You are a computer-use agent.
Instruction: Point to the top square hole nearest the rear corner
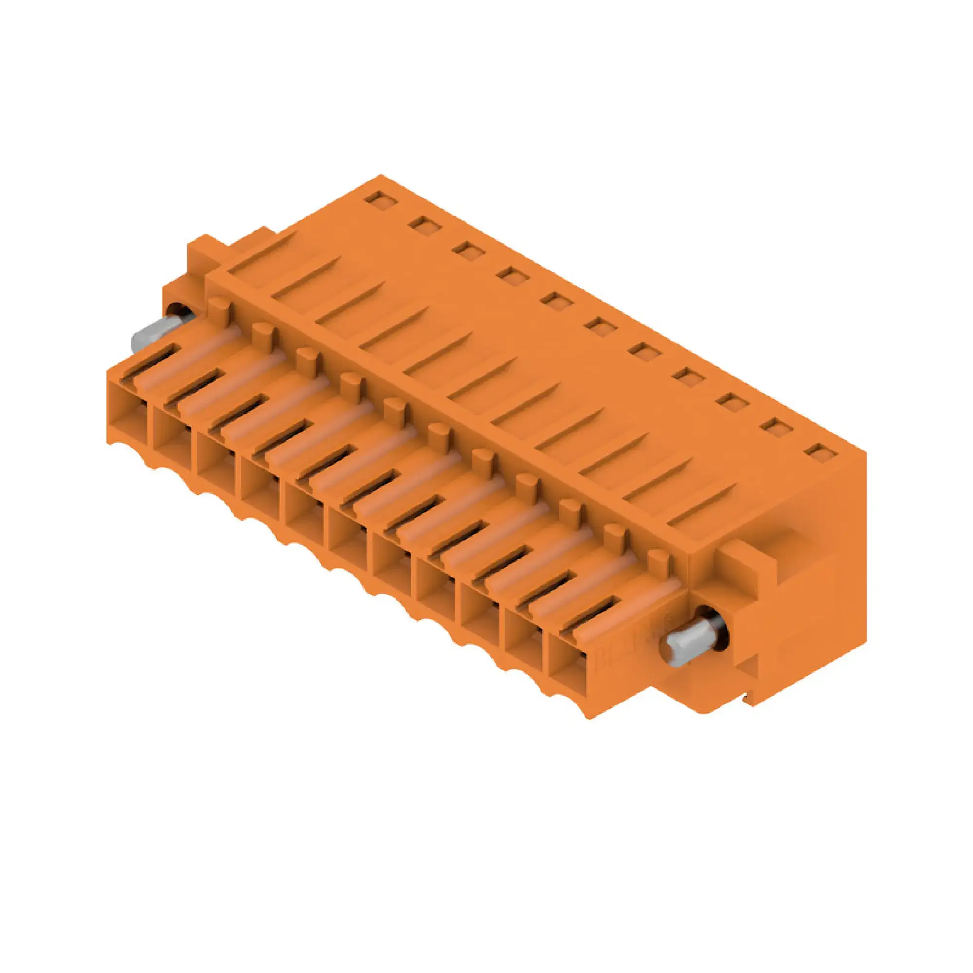pyautogui.click(x=381, y=200)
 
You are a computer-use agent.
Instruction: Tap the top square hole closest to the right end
pyautogui.click(x=821, y=453)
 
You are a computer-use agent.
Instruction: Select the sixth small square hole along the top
pyautogui.click(x=601, y=327)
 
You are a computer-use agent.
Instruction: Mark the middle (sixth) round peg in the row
pyautogui.click(x=439, y=435)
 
